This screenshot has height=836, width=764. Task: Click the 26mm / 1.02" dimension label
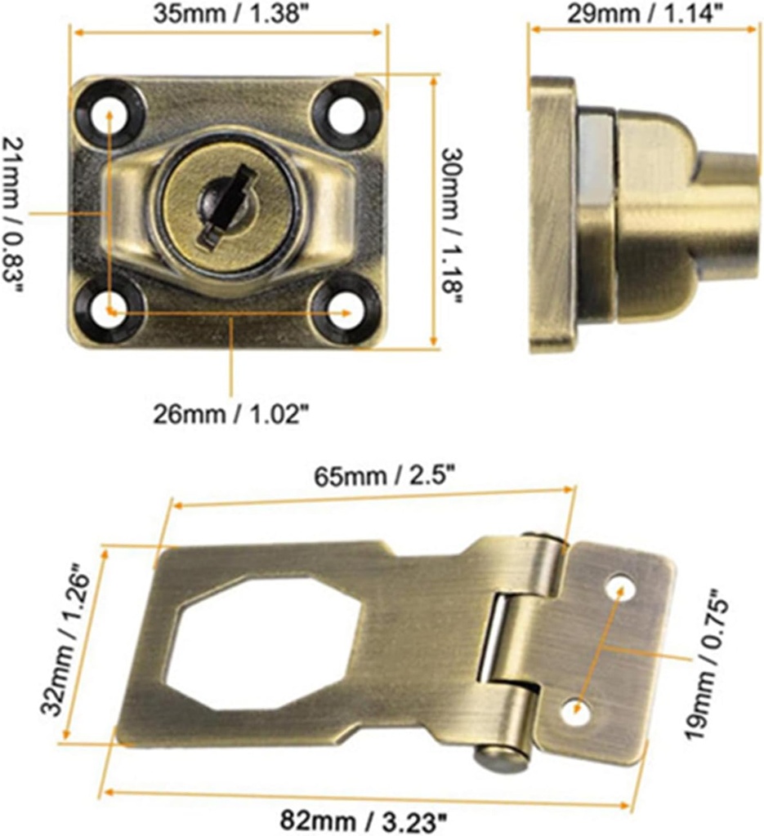(231, 414)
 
